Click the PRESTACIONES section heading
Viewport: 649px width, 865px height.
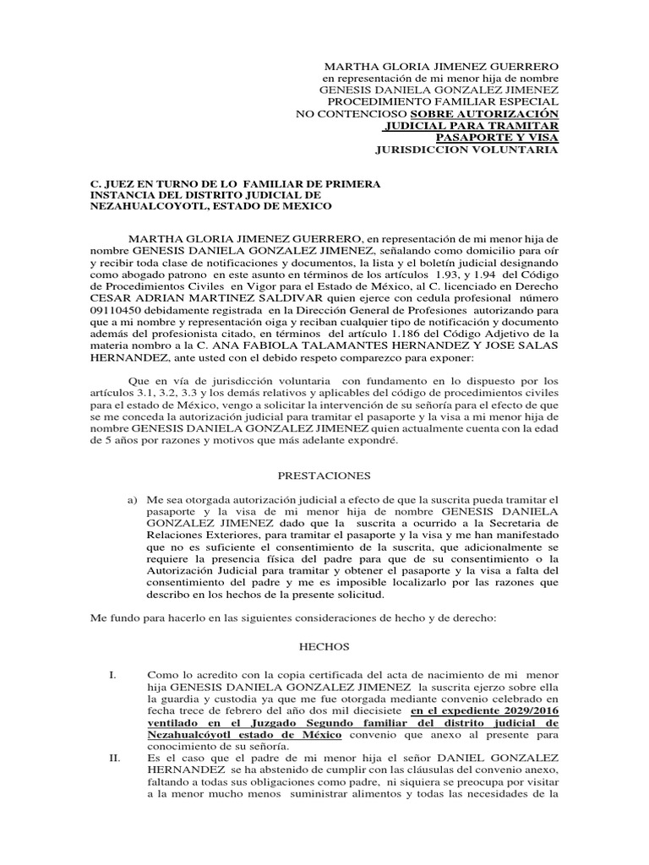[x=324, y=476]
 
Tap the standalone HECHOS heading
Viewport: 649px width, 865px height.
[x=324, y=647]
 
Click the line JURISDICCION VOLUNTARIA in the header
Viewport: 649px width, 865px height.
[x=466, y=150]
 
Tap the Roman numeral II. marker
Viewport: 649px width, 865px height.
[x=115, y=759]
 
